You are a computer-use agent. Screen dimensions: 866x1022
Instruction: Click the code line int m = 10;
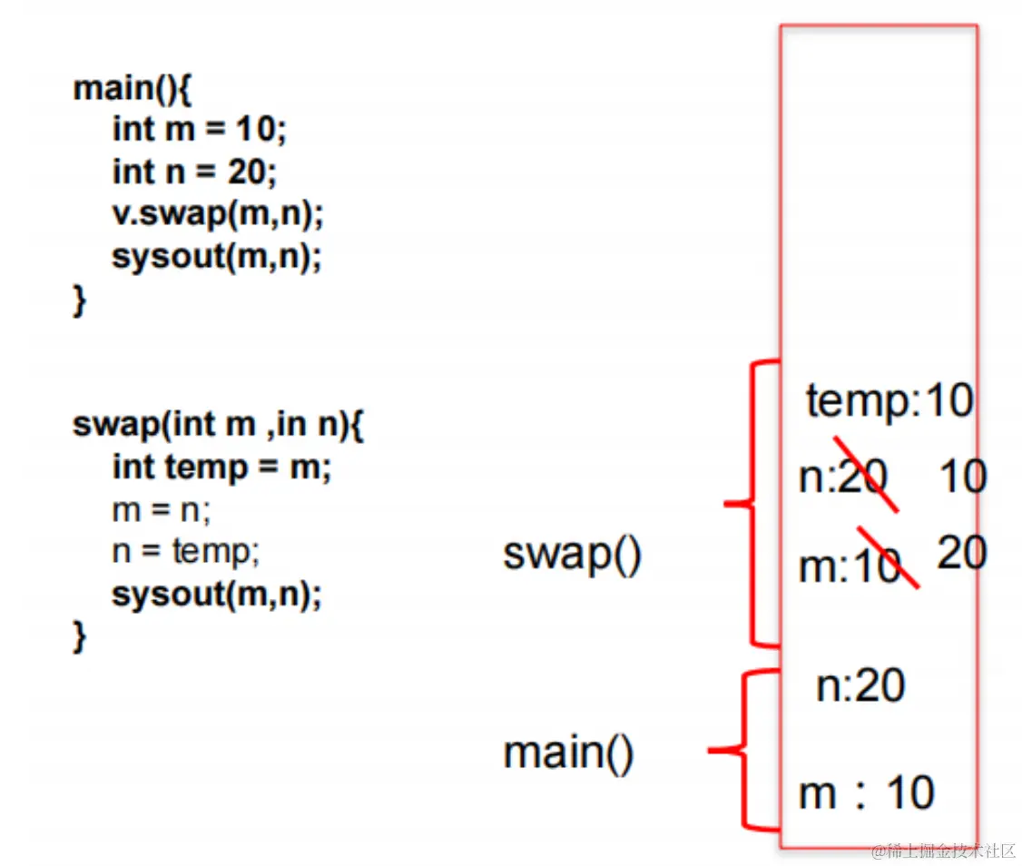tap(199, 130)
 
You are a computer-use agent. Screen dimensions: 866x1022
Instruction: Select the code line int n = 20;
tap(194, 172)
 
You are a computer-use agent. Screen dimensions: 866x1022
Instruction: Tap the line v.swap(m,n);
tap(218, 214)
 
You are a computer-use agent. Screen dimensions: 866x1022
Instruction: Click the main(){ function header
tap(133, 88)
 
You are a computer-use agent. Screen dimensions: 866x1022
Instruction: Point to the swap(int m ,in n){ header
tap(218, 424)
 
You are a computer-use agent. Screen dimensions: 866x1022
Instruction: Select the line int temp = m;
tap(222, 467)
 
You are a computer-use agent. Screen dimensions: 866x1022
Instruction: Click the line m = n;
tap(162, 509)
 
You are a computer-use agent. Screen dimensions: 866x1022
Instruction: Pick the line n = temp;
tap(185, 551)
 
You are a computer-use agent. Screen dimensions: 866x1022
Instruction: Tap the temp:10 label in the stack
tap(889, 400)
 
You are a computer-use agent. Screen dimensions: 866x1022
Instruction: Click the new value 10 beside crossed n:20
tap(962, 477)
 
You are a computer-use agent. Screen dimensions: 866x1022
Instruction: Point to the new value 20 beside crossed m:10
tap(962, 552)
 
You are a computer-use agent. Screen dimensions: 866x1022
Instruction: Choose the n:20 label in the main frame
tap(860, 685)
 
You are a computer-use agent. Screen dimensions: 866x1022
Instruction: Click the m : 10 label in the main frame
tap(866, 793)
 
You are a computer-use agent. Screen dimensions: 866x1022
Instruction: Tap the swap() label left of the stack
tap(572, 554)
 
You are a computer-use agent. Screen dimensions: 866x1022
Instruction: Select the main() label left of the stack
tap(568, 753)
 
